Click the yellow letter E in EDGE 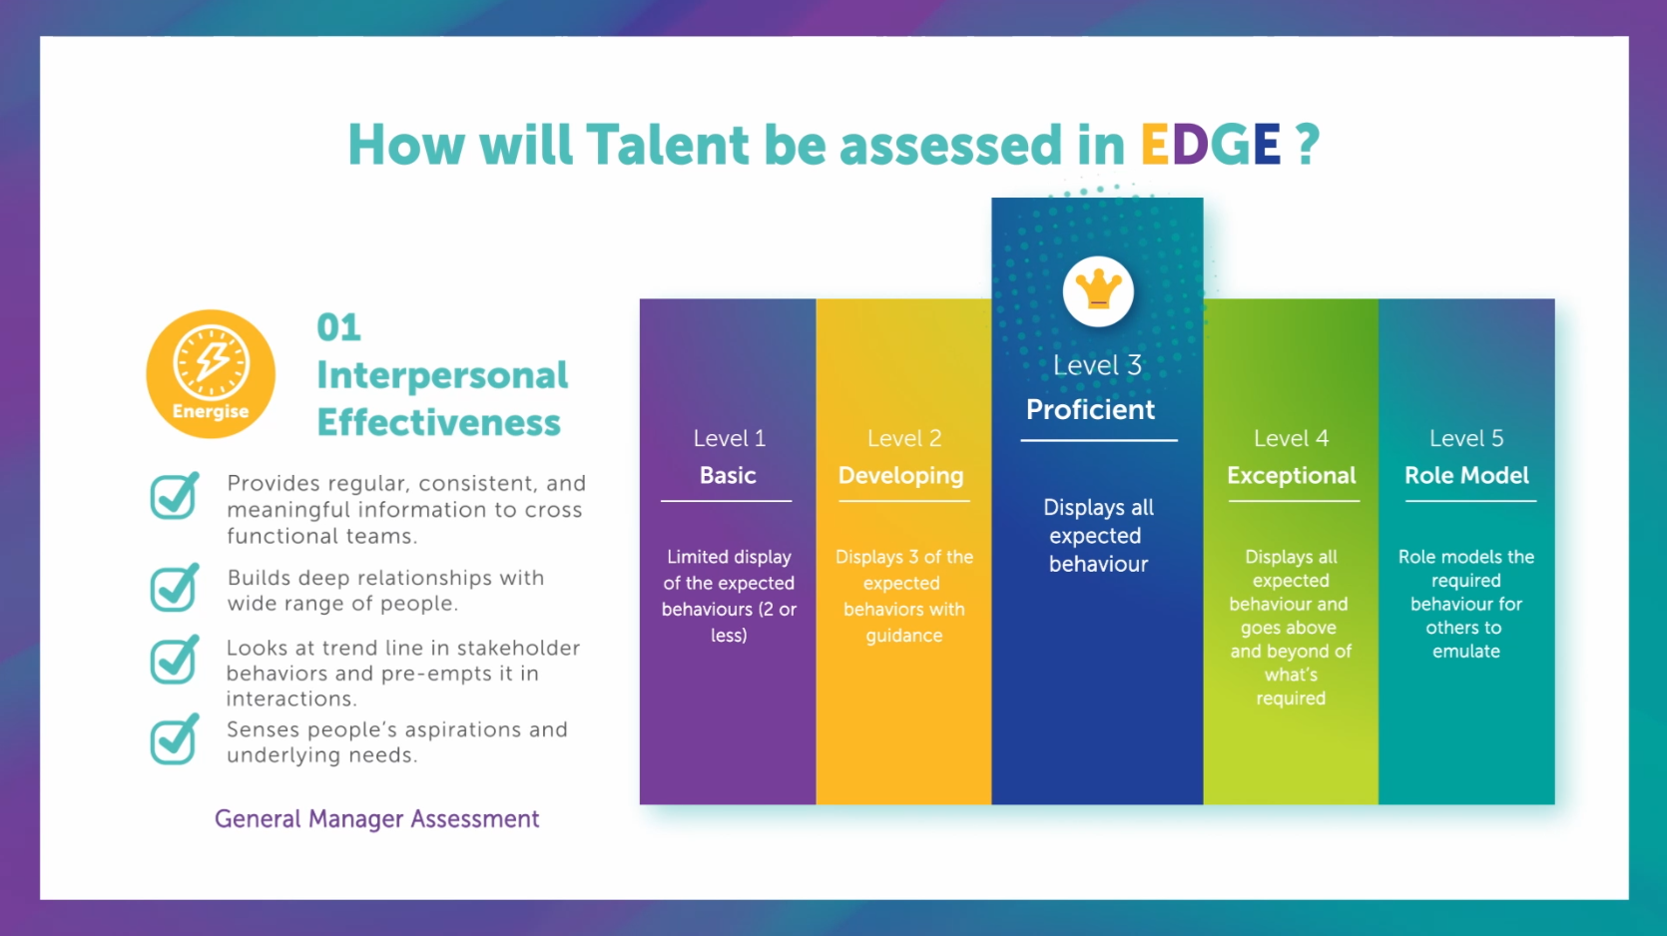1155,144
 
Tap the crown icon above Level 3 1098,291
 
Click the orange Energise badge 211,373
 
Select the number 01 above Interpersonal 339,327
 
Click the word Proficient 1090,409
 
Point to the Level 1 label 730,438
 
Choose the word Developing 900,475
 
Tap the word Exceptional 1292,475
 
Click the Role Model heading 1466,475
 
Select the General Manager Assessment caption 376,819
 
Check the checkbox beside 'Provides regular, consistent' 175,495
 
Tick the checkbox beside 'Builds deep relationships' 175,587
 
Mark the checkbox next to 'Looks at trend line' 175,660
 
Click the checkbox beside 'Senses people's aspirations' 175,738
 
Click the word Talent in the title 667,145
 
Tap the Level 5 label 1466,438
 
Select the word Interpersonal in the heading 442,375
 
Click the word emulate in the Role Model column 1466,651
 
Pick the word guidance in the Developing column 903,636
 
